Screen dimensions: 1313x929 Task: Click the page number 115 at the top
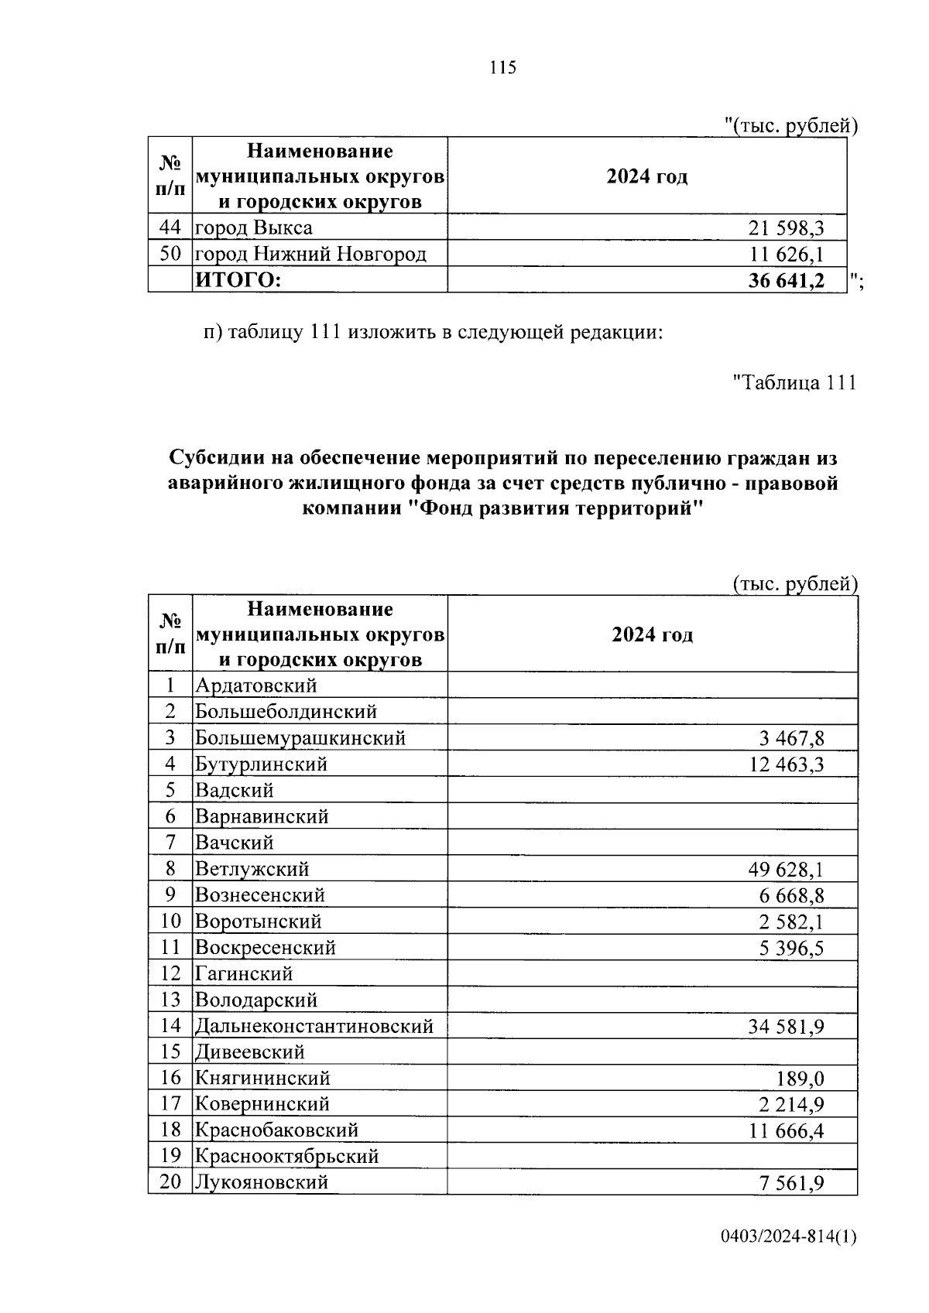tap(502, 68)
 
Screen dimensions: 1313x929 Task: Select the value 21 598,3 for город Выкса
tap(786, 228)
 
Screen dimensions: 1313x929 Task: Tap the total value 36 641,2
tap(786, 281)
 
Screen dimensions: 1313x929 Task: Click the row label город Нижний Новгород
tap(310, 254)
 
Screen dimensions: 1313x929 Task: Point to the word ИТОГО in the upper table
tap(237, 281)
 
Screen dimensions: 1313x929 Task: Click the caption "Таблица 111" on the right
tap(794, 382)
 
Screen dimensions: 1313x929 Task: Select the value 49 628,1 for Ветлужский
tap(786, 870)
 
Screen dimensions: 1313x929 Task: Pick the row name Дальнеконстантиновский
tap(314, 1027)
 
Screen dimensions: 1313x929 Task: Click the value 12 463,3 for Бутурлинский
tap(786, 765)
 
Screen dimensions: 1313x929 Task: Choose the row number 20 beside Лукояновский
tap(170, 1182)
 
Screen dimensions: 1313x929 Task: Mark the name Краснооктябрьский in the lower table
tap(286, 1157)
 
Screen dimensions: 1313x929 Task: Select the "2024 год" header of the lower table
tap(652, 635)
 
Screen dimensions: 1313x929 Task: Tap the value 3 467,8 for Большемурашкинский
tap(791, 739)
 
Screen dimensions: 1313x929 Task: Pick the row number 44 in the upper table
tap(170, 227)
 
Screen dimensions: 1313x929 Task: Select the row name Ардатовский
tap(255, 686)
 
